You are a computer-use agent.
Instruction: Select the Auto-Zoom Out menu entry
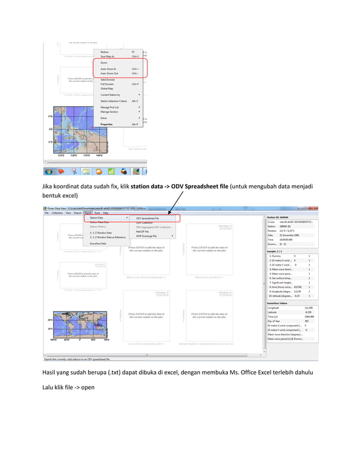pyautogui.click(x=109, y=73)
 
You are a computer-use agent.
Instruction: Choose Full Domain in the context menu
pyautogui.click(x=108, y=84)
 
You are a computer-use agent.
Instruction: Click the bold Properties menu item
pyautogui.click(x=106, y=124)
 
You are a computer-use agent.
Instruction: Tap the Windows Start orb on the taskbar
pyautogui.click(x=49, y=171)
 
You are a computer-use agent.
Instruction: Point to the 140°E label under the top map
pyautogui.click(x=99, y=155)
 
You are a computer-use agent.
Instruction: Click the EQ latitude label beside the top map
pyautogui.click(x=50, y=129)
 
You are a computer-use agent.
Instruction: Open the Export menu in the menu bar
pyautogui.click(x=87, y=213)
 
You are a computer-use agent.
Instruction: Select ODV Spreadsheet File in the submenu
pyautogui.click(x=147, y=218)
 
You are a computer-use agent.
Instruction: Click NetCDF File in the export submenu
pyautogui.click(x=143, y=231)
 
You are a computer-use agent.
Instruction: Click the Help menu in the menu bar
pyautogui.click(x=106, y=213)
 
